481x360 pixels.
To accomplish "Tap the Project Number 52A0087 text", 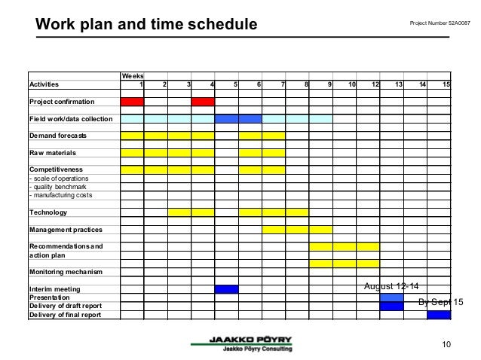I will click(439, 23).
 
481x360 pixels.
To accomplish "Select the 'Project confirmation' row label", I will click(62, 102).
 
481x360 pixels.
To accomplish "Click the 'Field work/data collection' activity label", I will click(70, 119).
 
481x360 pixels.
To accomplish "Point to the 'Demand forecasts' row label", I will click(57, 136).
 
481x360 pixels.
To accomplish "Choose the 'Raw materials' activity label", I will click(51, 153).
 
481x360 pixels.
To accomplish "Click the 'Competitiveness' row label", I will click(56, 169).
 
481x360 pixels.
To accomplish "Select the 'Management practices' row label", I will click(66, 229).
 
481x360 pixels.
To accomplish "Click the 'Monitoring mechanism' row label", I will click(67, 272).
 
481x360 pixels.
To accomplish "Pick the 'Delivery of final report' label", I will click(64, 315).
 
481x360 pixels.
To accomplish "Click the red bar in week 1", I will click(132, 102).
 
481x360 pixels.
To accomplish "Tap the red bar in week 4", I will click(203, 102).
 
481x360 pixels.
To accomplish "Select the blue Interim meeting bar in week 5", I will click(226, 289).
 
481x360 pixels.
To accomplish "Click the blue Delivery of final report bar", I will click(439, 315).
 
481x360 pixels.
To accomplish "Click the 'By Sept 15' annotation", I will click(440, 302).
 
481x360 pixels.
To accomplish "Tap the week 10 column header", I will click(352, 84).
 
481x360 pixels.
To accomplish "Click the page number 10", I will click(446, 345).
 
